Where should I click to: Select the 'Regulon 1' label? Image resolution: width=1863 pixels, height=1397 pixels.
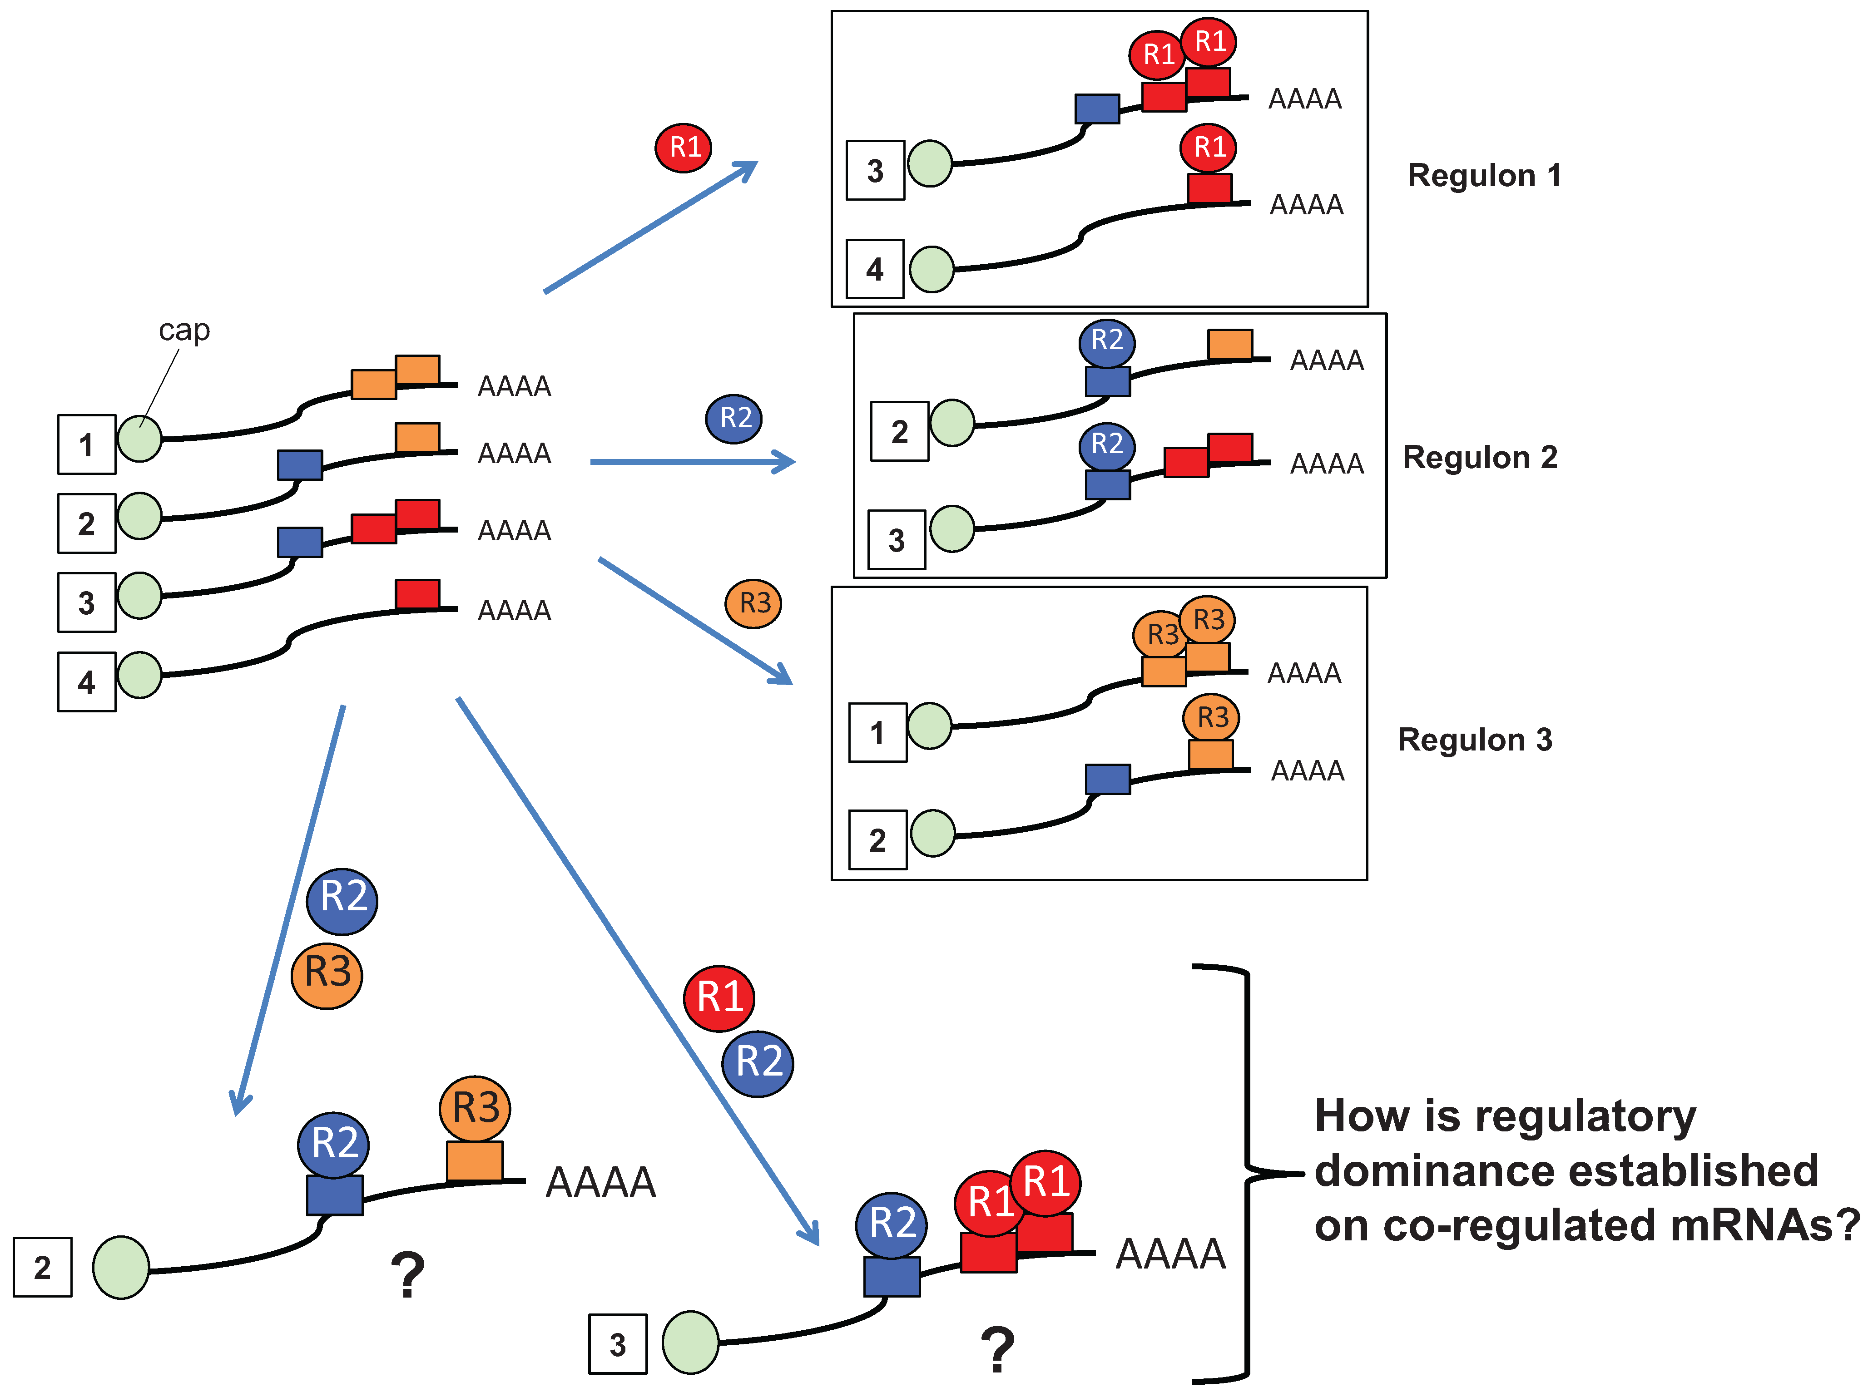pos(1485,175)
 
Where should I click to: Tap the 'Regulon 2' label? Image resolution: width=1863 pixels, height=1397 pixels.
pos(1480,457)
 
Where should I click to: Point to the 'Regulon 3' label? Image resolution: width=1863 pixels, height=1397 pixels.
pos(1475,739)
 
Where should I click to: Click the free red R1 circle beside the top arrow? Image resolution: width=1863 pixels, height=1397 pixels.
pos(684,148)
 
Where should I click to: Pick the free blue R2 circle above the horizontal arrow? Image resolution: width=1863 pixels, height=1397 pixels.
pos(733,419)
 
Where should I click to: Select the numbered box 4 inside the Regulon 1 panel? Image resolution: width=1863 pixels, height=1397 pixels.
pos(875,269)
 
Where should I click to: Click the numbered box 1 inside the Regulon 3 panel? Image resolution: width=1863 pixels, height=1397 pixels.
pos(877,733)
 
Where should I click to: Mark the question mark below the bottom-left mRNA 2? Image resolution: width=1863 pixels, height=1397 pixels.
pos(408,1275)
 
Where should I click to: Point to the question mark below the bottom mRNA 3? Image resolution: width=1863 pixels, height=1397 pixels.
pos(998,1350)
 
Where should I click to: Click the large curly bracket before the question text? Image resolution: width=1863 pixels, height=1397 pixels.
pos(1248,1172)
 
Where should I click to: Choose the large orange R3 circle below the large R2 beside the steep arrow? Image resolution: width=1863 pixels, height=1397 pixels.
pos(327,975)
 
